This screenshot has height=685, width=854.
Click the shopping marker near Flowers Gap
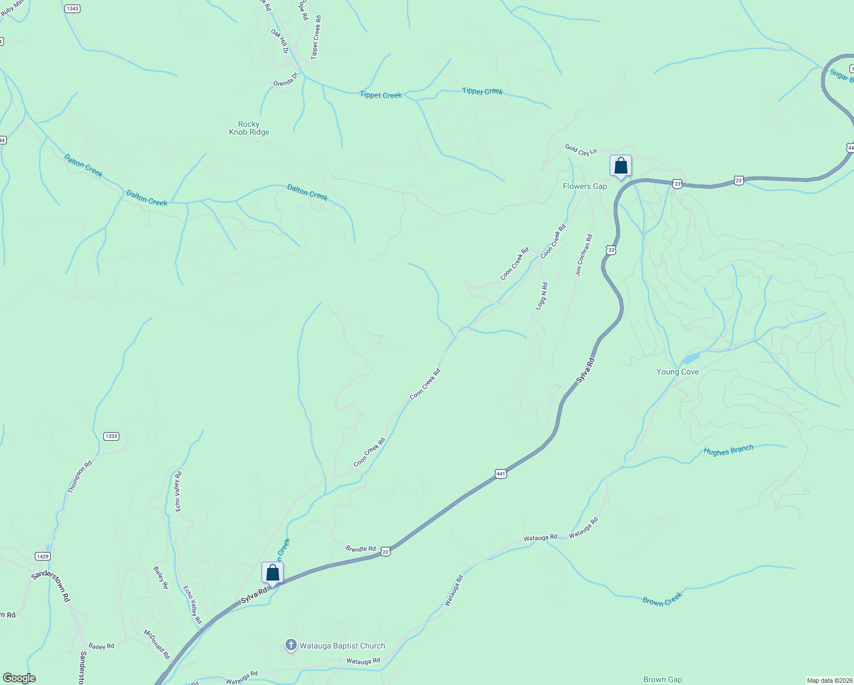621,166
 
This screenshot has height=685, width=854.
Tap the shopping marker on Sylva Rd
272,573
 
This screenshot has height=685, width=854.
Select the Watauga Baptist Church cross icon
291,646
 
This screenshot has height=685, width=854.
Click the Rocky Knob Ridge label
249,128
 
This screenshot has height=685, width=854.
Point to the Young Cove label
677,372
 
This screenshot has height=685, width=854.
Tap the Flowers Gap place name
585,186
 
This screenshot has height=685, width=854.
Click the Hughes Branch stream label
728,450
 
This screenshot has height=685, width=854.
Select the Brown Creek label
662,599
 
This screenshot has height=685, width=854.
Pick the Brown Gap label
662,679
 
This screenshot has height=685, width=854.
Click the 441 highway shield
500,474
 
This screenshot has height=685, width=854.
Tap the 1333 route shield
111,436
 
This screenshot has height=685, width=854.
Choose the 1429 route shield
42,556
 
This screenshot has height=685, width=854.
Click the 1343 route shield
72,9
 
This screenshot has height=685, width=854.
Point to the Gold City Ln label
581,150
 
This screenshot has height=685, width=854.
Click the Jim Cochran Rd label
583,255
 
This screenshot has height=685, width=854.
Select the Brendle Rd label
360,549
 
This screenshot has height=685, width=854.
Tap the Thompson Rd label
79,477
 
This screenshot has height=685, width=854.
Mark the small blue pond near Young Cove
690,358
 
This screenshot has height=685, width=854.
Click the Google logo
19,678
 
